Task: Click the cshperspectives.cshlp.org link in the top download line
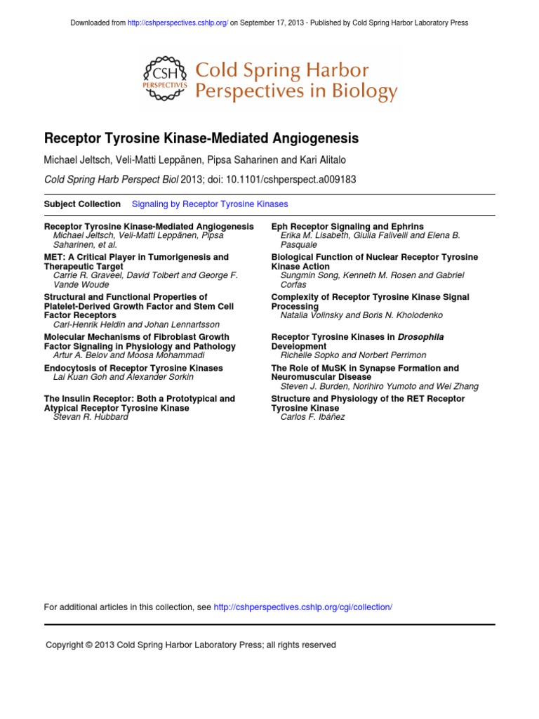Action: pos(178,23)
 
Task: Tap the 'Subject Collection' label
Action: pos(82,204)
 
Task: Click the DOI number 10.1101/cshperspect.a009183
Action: pos(292,180)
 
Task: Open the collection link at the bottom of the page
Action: pos(302,607)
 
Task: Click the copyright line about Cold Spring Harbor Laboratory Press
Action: pos(191,645)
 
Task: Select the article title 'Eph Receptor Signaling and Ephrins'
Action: pos(347,227)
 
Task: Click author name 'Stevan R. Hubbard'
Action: pos(91,417)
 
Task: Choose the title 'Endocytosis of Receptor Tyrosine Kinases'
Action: pos(133,368)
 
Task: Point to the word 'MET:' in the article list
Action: pos(55,258)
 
